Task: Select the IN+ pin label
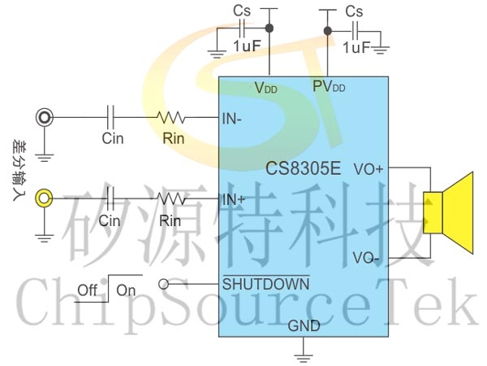(234, 198)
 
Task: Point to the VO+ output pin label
(369, 170)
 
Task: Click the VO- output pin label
(367, 258)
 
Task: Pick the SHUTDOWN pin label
(265, 284)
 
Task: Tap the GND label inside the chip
(304, 326)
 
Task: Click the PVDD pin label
(329, 86)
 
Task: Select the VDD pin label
(265, 87)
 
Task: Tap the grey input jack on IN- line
(45, 118)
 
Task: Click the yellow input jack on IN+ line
(45, 198)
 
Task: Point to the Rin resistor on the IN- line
(171, 118)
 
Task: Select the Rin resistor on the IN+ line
(171, 198)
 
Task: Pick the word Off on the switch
(88, 290)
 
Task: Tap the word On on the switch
(126, 290)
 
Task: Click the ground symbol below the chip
(304, 354)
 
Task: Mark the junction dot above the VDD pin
(269, 29)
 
